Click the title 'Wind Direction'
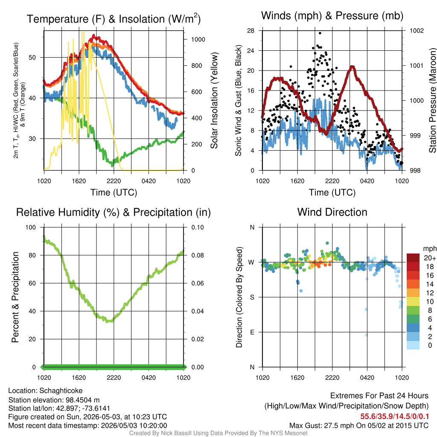(332, 212)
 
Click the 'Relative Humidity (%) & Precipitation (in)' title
(114, 213)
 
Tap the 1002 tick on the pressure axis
(417, 30)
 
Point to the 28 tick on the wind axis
(251, 30)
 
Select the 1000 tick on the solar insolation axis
(198, 39)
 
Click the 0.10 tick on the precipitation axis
(198, 227)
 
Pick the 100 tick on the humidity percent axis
(31, 227)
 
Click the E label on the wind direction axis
(252, 332)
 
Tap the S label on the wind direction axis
(252, 297)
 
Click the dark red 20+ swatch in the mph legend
(413, 258)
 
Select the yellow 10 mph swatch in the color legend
(413, 302)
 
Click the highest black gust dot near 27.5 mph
(320, 33)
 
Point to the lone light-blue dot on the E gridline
(367, 335)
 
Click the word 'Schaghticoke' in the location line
(61, 391)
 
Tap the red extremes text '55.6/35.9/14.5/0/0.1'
(394, 417)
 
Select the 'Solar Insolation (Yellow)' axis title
(214, 100)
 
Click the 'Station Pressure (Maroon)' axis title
(432, 100)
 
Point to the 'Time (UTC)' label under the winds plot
(332, 192)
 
